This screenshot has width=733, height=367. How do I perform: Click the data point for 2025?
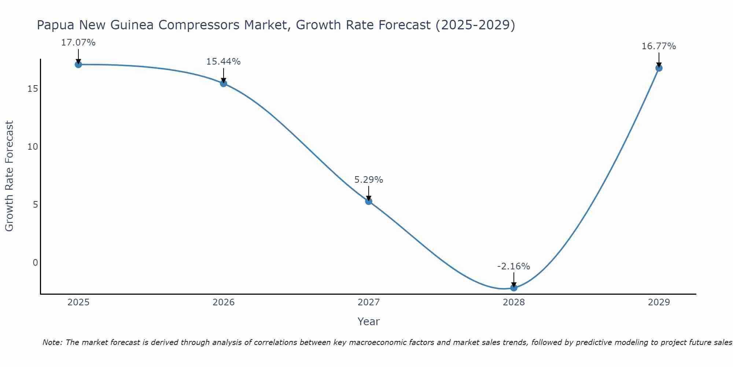(78, 65)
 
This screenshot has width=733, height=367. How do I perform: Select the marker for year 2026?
(224, 83)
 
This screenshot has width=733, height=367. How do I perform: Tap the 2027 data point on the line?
(369, 201)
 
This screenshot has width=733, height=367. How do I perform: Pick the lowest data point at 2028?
(514, 288)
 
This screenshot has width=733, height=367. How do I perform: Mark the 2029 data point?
(659, 68)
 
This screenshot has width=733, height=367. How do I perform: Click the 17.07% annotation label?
(78, 43)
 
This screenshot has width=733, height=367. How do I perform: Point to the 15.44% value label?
(224, 62)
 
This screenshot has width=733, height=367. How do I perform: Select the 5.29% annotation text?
(369, 180)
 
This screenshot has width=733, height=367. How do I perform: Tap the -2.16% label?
(513, 266)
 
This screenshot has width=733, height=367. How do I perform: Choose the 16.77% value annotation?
(659, 46)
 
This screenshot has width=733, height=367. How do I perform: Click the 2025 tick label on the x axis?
(78, 302)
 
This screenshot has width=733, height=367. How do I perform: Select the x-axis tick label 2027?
(369, 302)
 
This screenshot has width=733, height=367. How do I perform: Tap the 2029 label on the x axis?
(659, 302)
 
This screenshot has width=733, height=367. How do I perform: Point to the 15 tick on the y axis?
(33, 89)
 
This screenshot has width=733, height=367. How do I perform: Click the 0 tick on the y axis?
(35, 262)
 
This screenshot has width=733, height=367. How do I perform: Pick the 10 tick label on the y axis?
(33, 147)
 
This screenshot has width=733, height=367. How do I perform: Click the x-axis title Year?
(368, 321)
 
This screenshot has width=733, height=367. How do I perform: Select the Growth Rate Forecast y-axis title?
(9, 176)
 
